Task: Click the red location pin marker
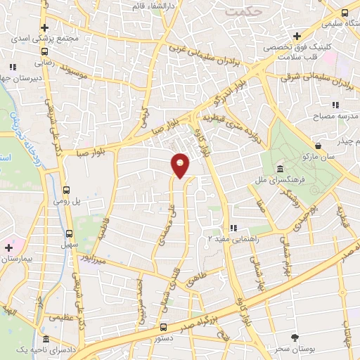tap(181, 165)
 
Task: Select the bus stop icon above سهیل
tap(69, 233)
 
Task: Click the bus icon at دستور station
tap(163, 327)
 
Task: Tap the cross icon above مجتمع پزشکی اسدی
tap(45, 27)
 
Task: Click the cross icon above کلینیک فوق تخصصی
tap(298, 36)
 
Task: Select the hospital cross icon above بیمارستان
tap(8, 247)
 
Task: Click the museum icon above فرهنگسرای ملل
tap(281, 169)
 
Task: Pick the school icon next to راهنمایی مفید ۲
tap(235, 229)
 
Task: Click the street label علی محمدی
tap(166, 224)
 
